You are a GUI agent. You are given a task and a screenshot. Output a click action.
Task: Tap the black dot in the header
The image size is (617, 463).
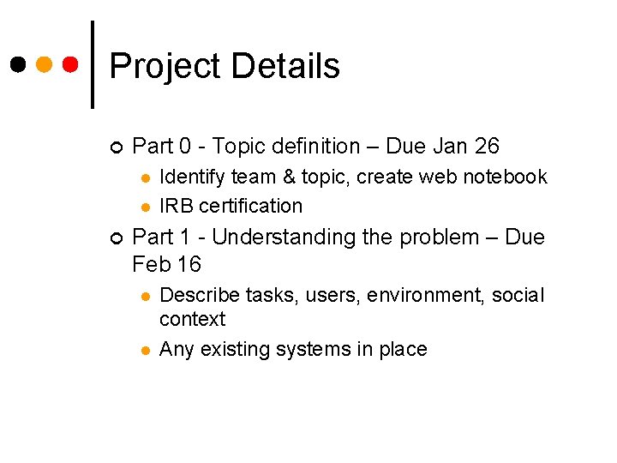17,64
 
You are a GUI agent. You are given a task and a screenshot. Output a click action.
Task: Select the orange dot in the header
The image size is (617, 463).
45,64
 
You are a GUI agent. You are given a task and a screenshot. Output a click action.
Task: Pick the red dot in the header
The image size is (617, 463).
72,64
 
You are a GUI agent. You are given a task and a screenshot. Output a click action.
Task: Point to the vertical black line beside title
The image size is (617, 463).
93,64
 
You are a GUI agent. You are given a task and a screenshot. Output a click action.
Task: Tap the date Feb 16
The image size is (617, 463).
166,264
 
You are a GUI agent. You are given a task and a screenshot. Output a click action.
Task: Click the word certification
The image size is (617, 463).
251,206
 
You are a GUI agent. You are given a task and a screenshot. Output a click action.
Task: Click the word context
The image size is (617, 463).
193,319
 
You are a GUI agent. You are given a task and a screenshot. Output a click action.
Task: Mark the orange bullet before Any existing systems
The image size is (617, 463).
146,350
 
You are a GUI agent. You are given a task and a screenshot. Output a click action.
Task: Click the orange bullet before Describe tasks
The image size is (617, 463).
146,296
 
